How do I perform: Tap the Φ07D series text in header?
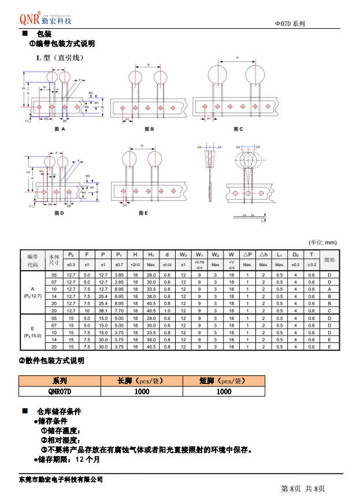coord(290,24)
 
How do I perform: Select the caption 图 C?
coord(237,129)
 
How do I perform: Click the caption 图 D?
coord(58,213)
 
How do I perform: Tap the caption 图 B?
coord(149,129)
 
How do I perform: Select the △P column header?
coord(247,255)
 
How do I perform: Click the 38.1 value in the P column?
coord(103,311)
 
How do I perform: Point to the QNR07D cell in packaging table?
coord(60,391)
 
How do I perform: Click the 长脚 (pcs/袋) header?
coord(142,381)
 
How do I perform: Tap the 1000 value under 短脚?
coord(224,391)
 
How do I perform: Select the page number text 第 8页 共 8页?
coord(303,490)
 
